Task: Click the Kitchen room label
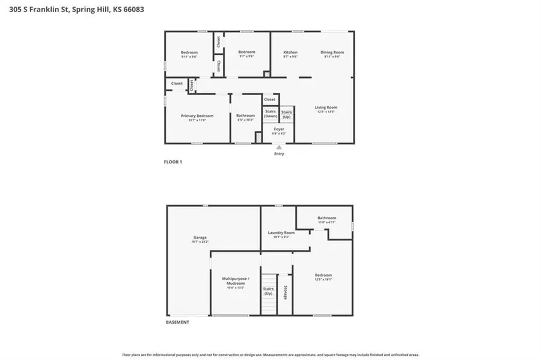coord(290,52)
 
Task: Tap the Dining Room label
coord(332,52)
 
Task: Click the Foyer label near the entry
coord(279,129)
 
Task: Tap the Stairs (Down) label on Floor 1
coord(270,113)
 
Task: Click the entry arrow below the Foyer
coord(279,146)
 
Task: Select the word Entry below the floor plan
coord(279,154)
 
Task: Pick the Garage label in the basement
coord(200,237)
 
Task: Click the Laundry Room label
coord(281,232)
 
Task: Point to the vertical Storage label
coord(284,292)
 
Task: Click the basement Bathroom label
coord(326,218)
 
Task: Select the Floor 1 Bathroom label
coord(245,115)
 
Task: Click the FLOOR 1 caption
coord(173,162)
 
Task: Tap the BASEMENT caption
coord(177,322)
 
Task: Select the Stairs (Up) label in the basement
coord(268,291)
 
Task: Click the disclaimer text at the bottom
coord(270,355)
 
